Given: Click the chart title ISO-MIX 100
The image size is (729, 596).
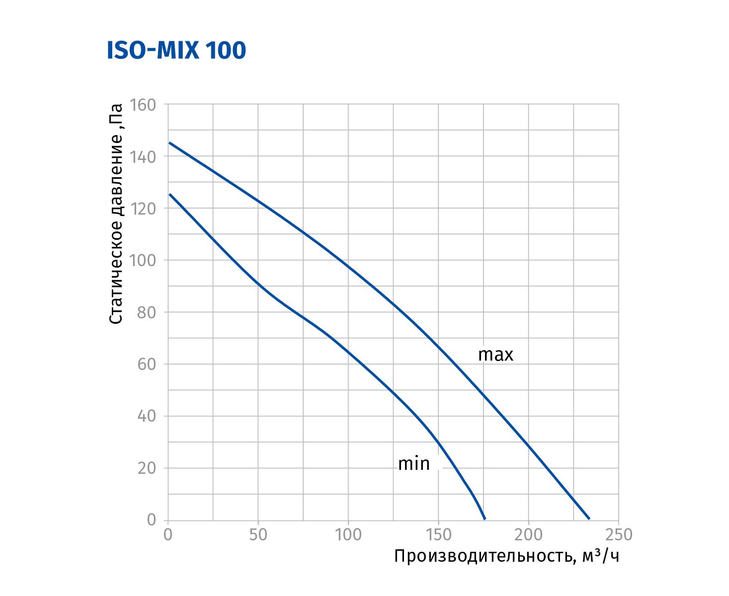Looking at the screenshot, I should [x=176, y=51].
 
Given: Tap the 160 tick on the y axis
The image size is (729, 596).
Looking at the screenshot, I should [x=142, y=105].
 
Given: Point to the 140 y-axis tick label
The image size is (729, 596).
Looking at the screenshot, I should [x=142, y=157].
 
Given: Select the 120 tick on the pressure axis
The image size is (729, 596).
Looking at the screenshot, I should [x=142, y=209].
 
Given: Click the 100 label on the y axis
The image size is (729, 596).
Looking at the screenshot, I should [x=142, y=261].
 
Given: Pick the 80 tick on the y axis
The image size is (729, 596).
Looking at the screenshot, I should [x=146, y=312].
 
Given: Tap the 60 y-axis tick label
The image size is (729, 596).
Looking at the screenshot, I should [x=146, y=365].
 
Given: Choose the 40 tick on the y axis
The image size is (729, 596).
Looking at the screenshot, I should [x=146, y=416].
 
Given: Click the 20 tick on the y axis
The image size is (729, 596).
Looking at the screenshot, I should [x=146, y=468].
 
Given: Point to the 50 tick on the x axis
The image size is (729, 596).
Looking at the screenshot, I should [x=258, y=534].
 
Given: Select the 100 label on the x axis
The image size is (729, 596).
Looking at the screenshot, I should [x=348, y=534].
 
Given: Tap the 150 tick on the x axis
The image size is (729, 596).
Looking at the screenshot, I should [x=438, y=534].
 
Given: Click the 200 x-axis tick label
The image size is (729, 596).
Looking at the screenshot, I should [x=528, y=534].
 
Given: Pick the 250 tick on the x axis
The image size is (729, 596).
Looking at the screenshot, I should [x=618, y=534].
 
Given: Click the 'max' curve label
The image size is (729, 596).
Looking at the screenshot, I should [x=495, y=355].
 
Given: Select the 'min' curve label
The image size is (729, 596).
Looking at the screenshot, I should [x=413, y=464].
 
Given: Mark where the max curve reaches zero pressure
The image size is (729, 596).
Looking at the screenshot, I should [x=589, y=519].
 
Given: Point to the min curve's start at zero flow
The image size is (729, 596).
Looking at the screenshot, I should [x=169, y=194].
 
